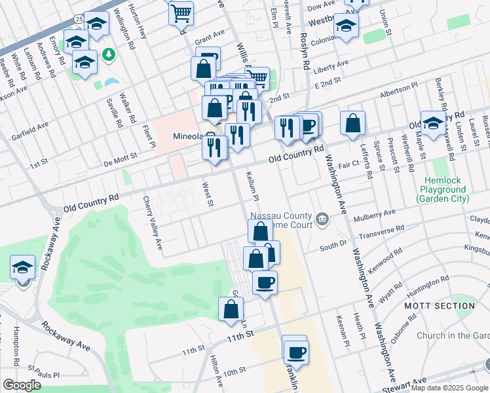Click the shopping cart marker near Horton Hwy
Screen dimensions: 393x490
181,12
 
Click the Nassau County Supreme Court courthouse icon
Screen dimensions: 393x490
322,219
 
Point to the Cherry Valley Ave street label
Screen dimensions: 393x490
156,223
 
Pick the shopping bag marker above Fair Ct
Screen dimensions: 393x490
352,123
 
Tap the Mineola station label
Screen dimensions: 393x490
189,137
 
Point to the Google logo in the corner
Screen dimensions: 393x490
22,384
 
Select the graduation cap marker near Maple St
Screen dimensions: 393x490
432,123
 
